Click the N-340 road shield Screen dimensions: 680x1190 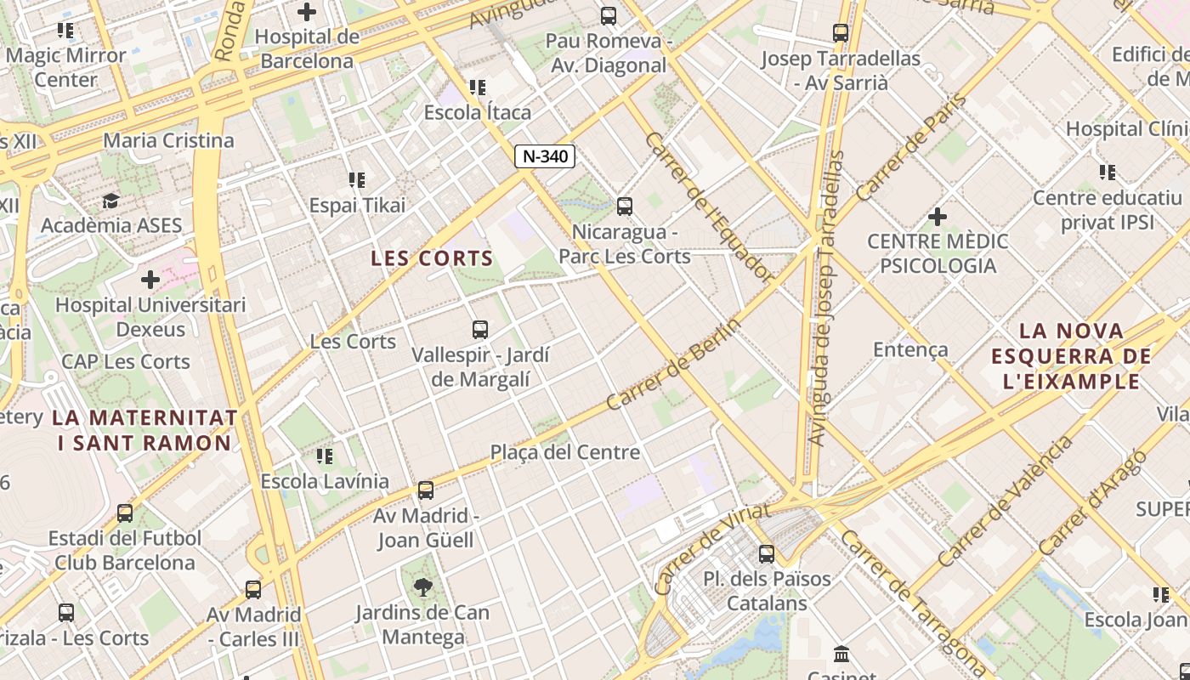point(545,156)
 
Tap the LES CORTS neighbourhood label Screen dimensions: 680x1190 point(432,258)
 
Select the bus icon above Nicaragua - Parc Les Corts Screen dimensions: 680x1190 point(625,206)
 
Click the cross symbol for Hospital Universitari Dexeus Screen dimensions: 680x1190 point(150,279)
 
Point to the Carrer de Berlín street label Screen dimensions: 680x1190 point(675,364)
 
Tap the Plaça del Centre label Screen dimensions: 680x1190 point(565,452)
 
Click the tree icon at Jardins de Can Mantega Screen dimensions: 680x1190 point(422,586)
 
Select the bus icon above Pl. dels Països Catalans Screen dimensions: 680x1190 point(767,554)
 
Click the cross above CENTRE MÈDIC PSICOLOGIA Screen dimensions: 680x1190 point(938,217)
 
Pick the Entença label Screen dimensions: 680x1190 point(910,349)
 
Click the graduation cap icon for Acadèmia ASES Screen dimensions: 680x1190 point(110,201)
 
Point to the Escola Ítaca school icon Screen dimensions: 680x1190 point(478,88)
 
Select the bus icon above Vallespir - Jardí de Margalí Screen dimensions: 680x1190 point(480,329)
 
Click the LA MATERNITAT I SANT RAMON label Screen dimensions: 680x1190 point(144,430)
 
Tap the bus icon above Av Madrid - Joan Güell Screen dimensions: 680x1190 point(426,490)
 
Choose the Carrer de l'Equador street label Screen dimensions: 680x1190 point(708,207)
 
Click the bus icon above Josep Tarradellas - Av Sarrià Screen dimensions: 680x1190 point(841,33)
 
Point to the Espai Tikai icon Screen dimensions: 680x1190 point(357,180)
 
